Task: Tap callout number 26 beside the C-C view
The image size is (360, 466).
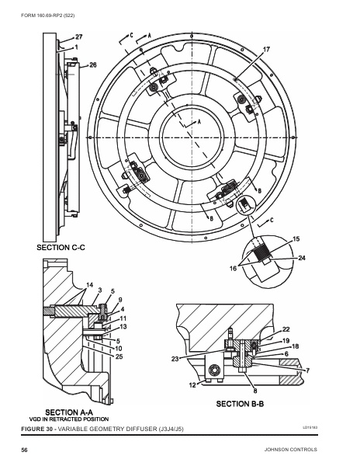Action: (93, 65)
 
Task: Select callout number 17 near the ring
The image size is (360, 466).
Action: (266, 50)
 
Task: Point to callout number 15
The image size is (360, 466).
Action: (296, 239)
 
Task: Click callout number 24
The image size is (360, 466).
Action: (301, 257)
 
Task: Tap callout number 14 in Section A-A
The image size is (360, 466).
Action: (90, 284)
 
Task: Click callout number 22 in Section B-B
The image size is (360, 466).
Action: (286, 330)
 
